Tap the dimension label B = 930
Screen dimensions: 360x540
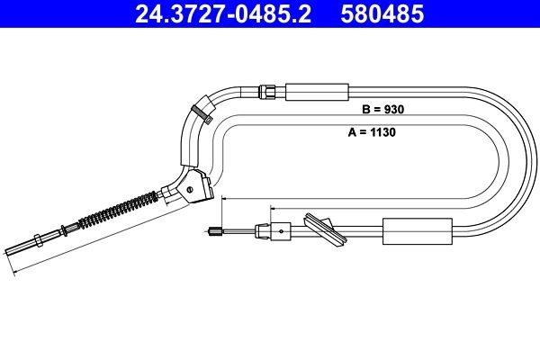[384, 110]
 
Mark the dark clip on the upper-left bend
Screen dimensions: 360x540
[200, 111]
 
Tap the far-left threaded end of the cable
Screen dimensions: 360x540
[13, 250]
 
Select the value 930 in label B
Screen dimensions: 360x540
[395, 110]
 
